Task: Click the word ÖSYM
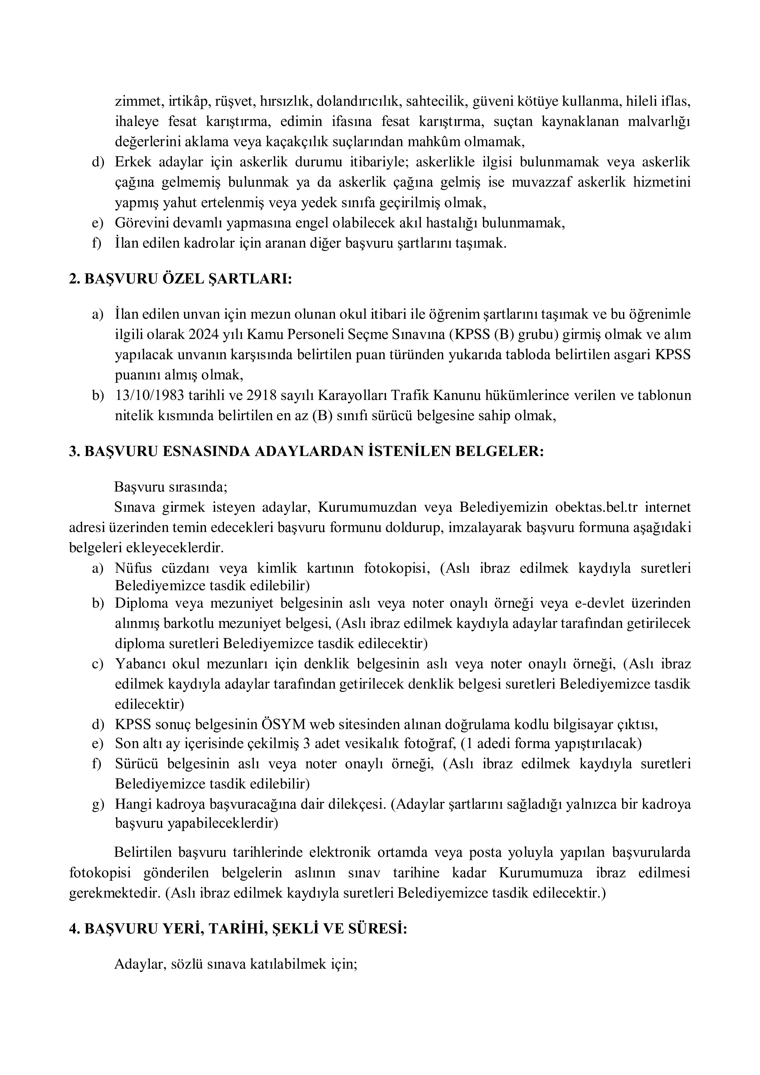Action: (x=282, y=724)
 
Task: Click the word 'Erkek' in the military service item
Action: (x=133, y=162)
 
